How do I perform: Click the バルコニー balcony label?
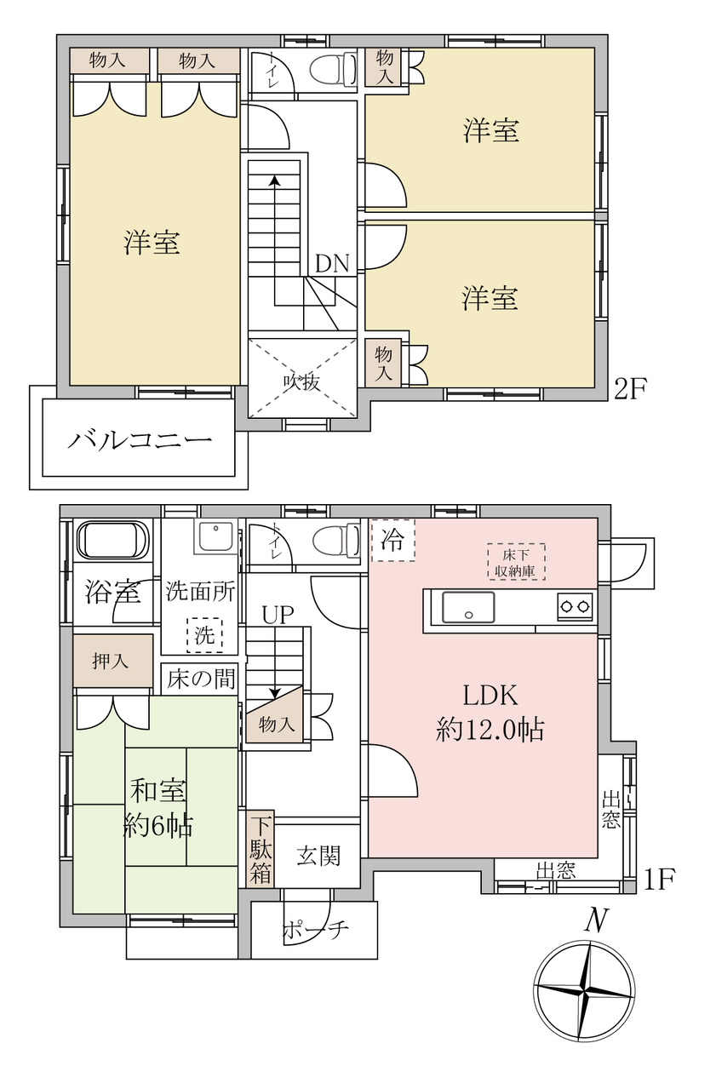click(x=140, y=440)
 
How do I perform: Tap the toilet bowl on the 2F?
click(x=333, y=69)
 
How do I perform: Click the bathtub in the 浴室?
click(x=112, y=542)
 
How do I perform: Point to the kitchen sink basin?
click(x=468, y=607)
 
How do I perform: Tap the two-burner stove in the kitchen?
click(x=576, y=607)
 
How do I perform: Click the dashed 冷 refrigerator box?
click(x=392, y=540)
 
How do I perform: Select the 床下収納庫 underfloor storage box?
click(x=516, y=561)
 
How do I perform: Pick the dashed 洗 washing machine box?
click(x=204, y=635)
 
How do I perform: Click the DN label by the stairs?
click(x=332, y=264)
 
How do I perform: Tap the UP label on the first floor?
click(x=278, y=615)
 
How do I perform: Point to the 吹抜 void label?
click(x=301, y=382)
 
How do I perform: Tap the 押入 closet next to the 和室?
click(x=113, y=661)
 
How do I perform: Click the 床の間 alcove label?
click(x=201, y=679)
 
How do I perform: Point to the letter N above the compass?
click(x=596, y=920)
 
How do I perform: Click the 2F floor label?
click(x=631, y=389)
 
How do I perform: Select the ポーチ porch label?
click(x=317, y=930)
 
